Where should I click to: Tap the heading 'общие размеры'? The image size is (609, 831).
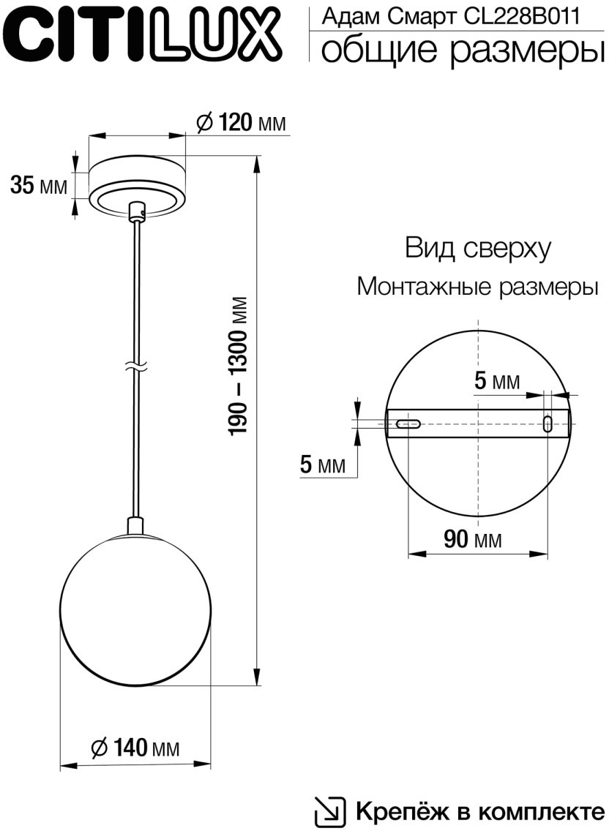click(457, 50)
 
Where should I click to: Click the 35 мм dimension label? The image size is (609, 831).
click(38, 186)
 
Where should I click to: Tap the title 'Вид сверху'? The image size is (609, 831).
click(477, 249)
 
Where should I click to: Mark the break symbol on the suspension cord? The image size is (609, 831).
click(135, 366)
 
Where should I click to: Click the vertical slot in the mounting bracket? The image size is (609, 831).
click(548, 424)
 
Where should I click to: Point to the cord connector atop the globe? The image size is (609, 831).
click(135, 525)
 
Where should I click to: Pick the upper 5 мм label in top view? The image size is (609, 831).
click(497, 380)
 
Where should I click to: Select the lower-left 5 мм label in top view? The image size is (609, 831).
click(322, 465)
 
